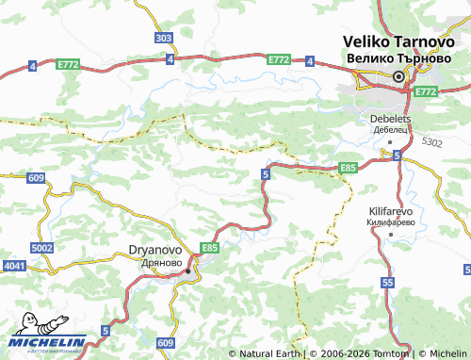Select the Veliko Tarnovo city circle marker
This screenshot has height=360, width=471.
(398, 76)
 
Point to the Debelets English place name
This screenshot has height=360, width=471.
(387, 119)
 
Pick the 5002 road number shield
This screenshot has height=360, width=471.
(41, 247)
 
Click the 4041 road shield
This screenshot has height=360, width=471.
(14, 268)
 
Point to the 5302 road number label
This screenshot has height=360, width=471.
(431, 141)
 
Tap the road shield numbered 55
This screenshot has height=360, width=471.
(389, 283)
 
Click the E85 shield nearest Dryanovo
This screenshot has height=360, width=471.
(209, 248)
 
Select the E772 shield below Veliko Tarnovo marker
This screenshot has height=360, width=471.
(426, 91)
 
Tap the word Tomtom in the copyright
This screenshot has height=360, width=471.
(393, 353)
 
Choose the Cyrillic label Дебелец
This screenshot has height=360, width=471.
(387, 129)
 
